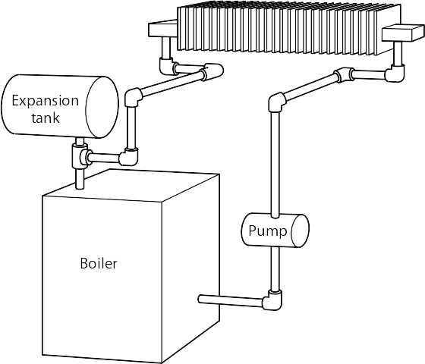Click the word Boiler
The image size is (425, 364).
coord(99,263)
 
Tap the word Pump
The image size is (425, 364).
coord(267,231)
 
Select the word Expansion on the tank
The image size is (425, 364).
coord(46,101)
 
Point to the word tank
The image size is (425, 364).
coord(46,118)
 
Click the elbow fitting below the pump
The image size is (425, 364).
coord(272,300)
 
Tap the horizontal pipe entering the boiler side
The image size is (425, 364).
coord(231,300)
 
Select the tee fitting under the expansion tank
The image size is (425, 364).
coord(80,156)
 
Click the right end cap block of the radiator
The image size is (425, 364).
coord(403,33)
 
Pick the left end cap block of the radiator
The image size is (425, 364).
coord(162,29)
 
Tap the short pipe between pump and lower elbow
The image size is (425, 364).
coord(275,269)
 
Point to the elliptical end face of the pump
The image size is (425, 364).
coord(300,231)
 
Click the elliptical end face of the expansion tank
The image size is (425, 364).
coord(102,107)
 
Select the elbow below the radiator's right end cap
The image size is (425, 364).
coord(396,72)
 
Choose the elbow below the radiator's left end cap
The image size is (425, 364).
coord(166,66)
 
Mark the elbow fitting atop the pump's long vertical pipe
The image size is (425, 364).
coord(277,102)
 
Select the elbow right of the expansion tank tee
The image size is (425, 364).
coord(130,156)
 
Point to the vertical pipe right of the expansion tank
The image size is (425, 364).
coord(131,127)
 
